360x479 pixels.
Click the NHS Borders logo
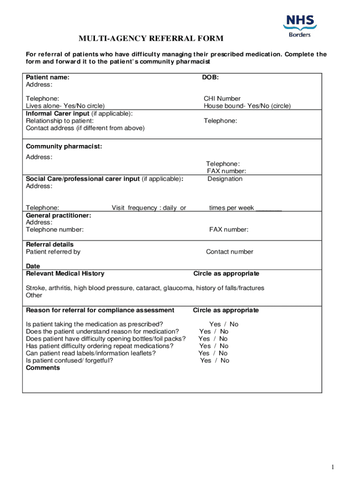tap(300, 25)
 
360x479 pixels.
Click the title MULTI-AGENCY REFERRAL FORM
tap(151, 38)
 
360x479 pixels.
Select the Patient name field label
tap(48, 77)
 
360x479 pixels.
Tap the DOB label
tap(210, 77)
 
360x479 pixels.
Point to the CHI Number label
tap(222, 99)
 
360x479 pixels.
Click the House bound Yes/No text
tap(247, 106)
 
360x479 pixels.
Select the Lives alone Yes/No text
tap(65, 106)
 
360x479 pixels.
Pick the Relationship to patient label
tap(57, 121)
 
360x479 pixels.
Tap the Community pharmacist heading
tap(64, 146)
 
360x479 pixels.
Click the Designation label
tap(225, 179)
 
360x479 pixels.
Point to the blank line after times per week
tap(269, 208)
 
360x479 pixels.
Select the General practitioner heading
tap(58, 215)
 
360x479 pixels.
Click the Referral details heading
tap(50, 244)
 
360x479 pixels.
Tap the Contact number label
tap(230, 252)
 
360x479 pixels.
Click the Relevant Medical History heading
tap(65, 274)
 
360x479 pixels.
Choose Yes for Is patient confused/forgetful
tap(205, 361)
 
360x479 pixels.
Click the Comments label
tap(43, 368)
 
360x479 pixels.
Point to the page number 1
tap(332, 467)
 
